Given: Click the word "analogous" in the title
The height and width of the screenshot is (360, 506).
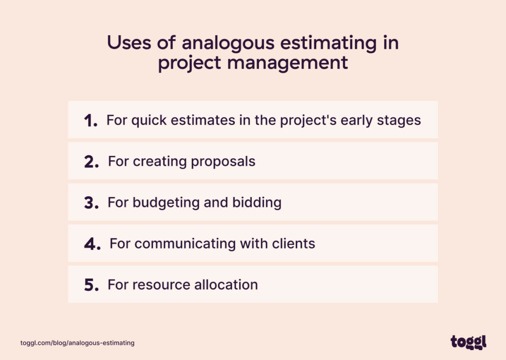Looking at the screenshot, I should coord(228,43).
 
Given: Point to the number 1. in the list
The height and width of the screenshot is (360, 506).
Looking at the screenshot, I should coord(91,121).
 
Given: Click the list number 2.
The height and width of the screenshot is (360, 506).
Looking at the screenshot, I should coord(91,162).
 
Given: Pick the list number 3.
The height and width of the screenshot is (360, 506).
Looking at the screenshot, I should coord(91,203).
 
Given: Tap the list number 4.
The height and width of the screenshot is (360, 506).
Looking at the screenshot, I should coord(92,244).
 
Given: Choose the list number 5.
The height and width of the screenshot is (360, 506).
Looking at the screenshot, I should coord(91,286).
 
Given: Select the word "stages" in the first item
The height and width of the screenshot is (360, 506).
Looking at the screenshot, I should coord(398,120).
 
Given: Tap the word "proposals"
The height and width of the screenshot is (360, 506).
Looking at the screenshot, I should coord(223,162).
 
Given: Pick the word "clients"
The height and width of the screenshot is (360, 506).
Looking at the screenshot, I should coord(293,244).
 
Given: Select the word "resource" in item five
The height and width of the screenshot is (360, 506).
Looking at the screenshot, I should coord(155,285).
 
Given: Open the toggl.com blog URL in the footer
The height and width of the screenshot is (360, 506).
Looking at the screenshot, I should coord(77,342).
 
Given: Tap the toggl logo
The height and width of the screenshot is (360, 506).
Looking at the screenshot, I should coord(468,342).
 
